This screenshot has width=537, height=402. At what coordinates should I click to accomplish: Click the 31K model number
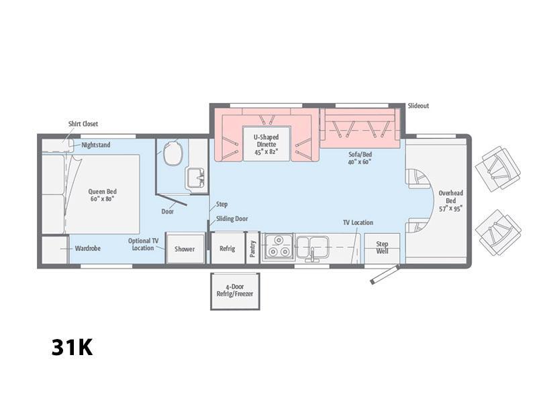72,347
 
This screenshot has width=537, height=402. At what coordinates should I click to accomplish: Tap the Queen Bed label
103,195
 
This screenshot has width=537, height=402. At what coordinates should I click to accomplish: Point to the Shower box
185,248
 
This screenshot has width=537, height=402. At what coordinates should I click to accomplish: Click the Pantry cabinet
253,248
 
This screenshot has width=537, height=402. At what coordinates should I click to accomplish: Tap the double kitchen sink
312,247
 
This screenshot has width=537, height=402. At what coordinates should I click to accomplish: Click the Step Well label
382,247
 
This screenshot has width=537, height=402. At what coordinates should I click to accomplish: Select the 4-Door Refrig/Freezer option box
235,291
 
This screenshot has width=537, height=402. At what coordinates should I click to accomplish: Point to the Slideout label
418,106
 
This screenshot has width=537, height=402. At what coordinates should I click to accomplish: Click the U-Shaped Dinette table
266,143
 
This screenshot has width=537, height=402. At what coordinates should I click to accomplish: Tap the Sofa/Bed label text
360,158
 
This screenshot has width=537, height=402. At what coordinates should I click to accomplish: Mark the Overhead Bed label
450,200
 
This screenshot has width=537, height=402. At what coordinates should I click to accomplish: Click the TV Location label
358,222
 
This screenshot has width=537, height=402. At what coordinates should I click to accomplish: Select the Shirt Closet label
83,124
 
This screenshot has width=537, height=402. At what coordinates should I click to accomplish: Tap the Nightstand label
96,145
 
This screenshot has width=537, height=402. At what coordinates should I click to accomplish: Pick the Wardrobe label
88,248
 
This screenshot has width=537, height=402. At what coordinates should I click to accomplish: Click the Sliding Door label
232,218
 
